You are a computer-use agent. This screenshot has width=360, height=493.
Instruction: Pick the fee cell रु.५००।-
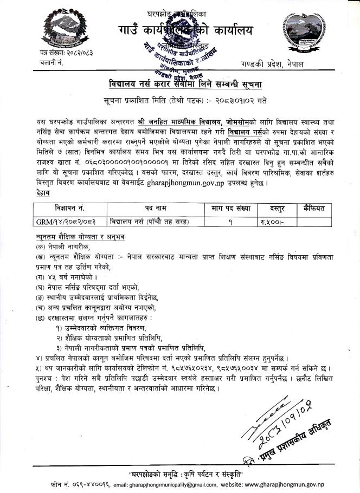point(273,221)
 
